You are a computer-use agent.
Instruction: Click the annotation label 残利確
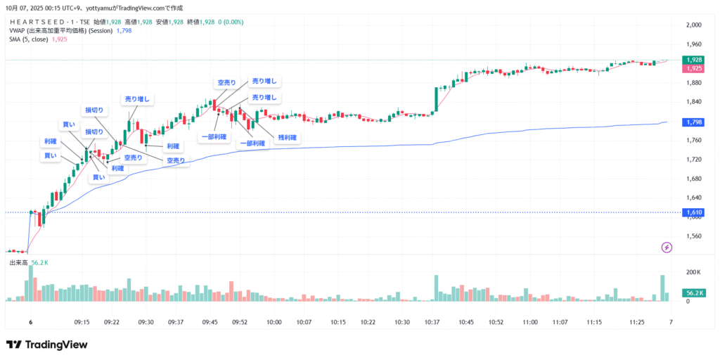[x=288, y=138]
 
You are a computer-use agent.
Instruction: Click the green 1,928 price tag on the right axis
[x=693, y=60]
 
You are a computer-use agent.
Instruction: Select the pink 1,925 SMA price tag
[x=693, y=69]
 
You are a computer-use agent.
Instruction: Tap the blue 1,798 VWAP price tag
[x=693, y=122]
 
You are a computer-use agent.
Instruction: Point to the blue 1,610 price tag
[x=693, y=212]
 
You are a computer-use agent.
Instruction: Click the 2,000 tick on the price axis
[x=693, y=25]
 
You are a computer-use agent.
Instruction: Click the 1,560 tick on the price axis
[x=693, y=236]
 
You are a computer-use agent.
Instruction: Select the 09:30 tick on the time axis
[x=146, y=323]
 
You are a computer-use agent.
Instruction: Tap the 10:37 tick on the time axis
[x=432, y=323]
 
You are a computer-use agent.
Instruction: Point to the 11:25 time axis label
[x=637, y=323]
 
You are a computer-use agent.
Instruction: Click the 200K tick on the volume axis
[x=693, y=272]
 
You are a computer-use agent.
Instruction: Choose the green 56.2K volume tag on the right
[x=693, y=292]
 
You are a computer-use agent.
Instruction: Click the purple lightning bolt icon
[x=667, y=247]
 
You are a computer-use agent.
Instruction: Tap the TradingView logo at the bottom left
[x=46, y=345]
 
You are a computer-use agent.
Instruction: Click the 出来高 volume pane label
[x=18, y=263]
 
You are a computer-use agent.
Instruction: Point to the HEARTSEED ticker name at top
[x=44, y=22]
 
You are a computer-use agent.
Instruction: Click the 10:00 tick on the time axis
[x=274, y=323]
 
